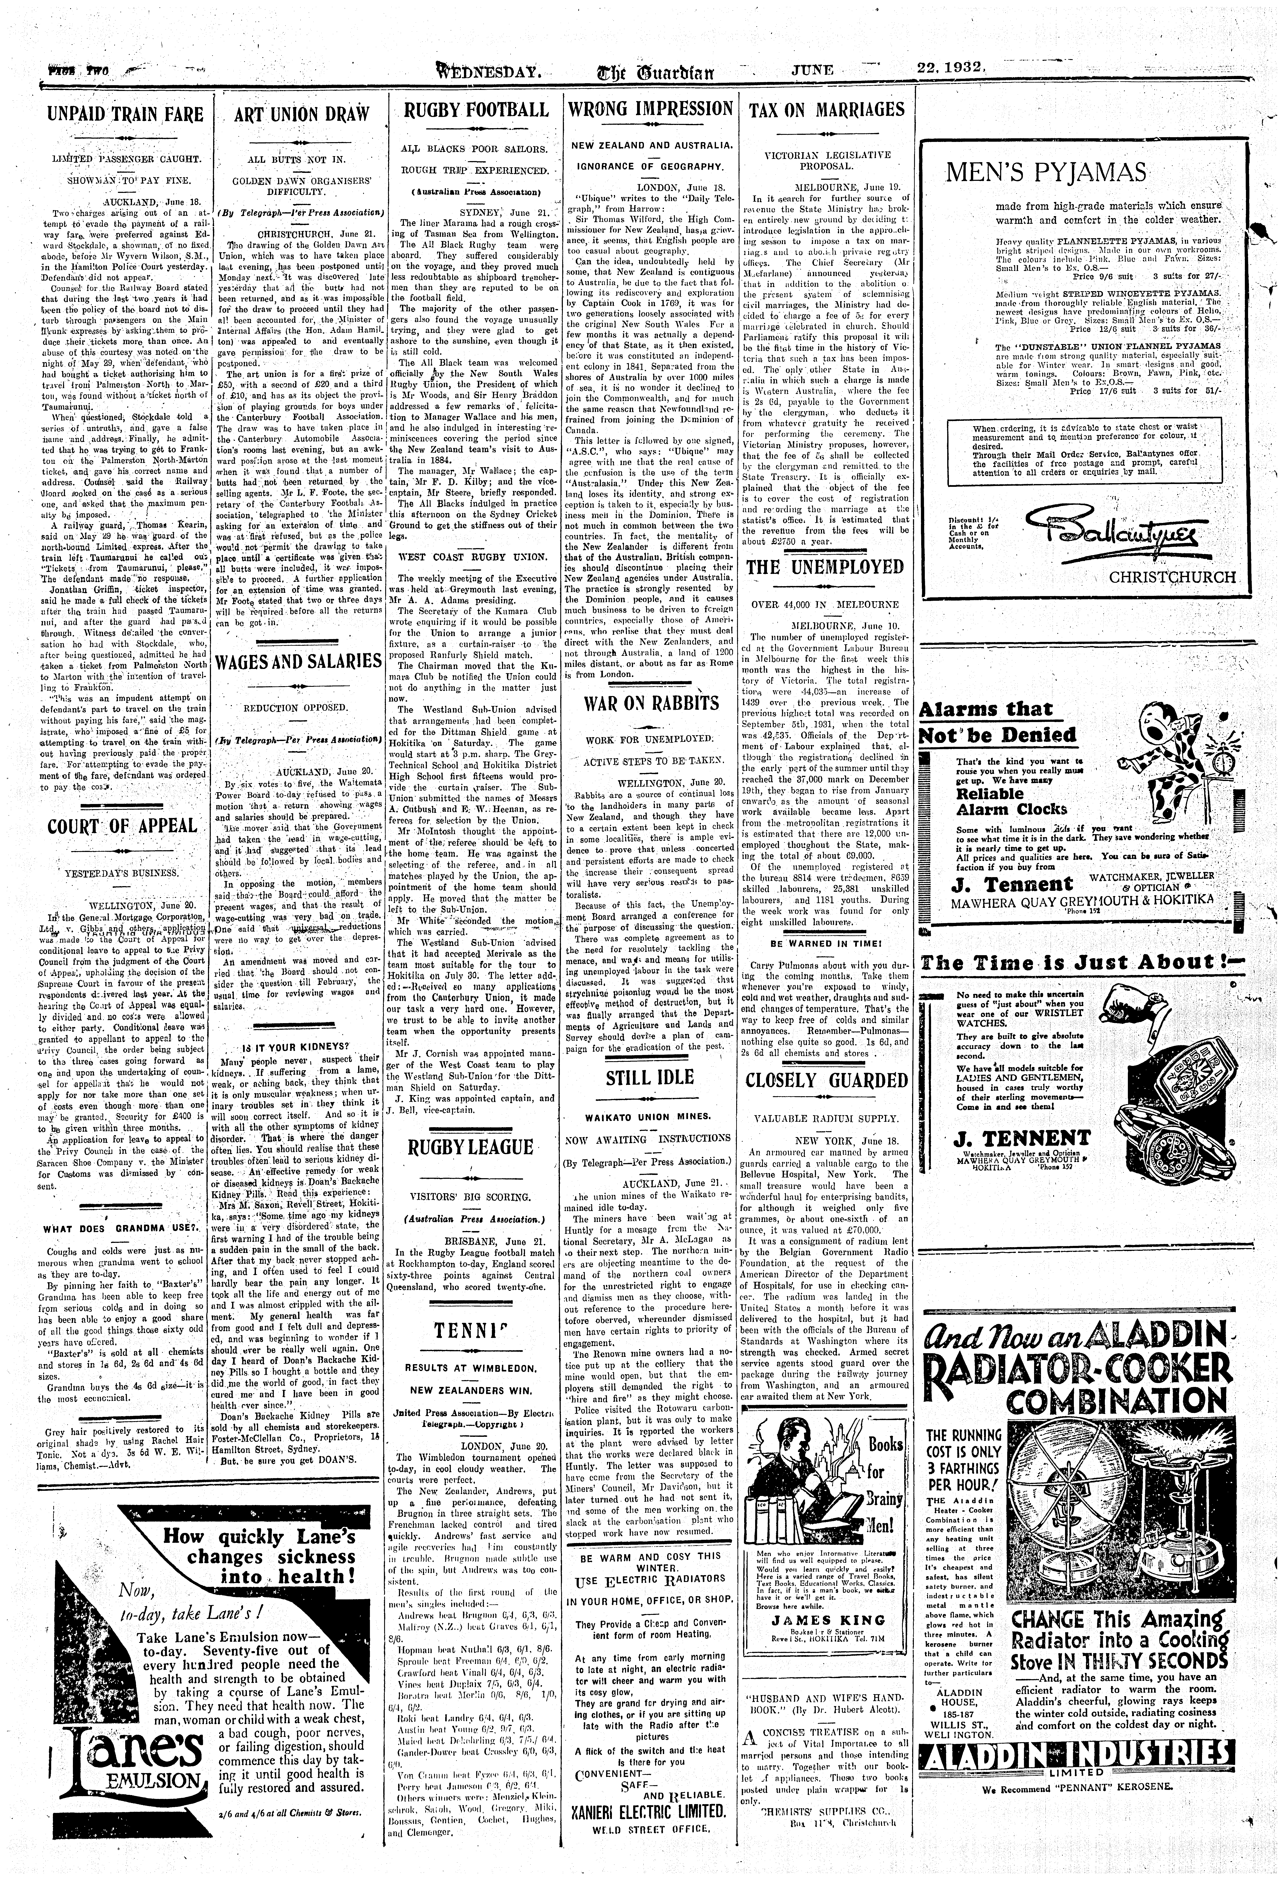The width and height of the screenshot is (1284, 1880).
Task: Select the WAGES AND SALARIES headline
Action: coord(299,662)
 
